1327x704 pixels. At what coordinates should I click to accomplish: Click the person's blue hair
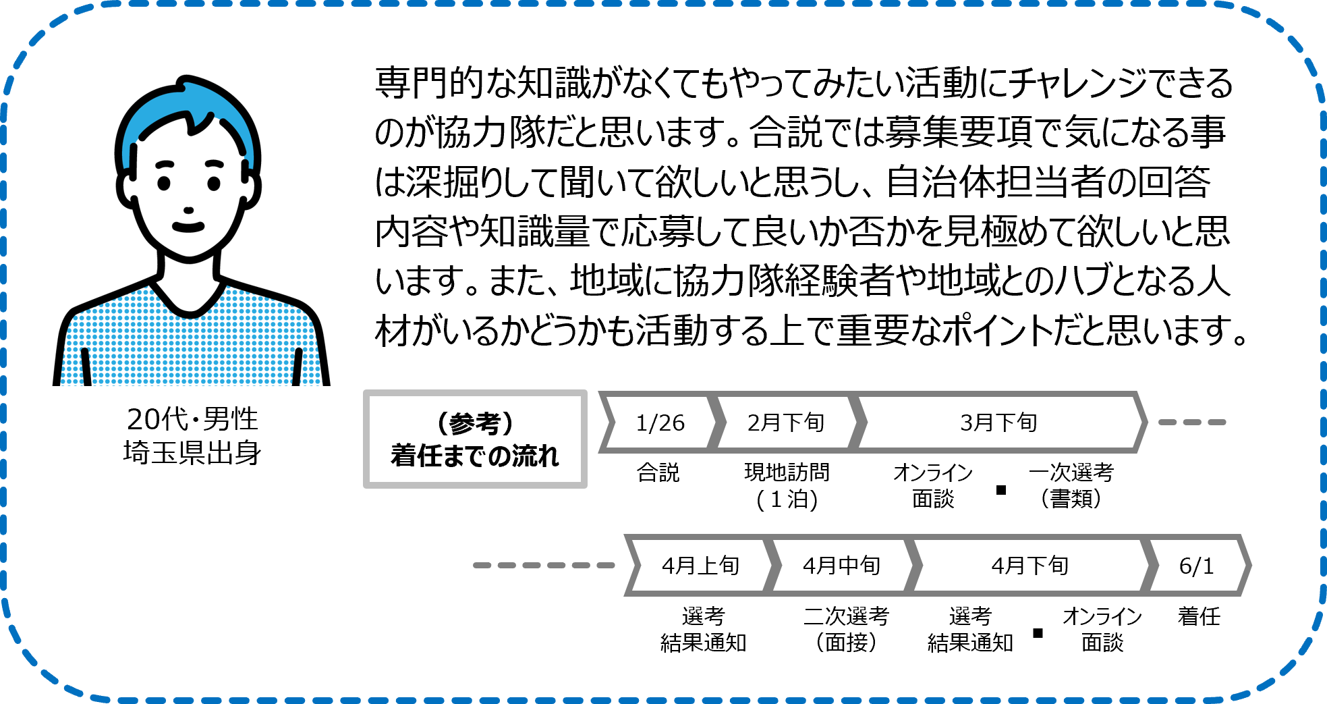point(162,108)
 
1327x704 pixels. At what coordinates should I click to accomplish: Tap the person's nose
point(188,211)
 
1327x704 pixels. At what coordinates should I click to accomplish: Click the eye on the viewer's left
point(164,183)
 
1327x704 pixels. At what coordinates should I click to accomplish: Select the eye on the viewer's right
point(214,183)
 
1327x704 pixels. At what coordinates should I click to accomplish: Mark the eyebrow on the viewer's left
point(165,164)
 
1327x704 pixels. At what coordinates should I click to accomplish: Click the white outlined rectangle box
point(475,439)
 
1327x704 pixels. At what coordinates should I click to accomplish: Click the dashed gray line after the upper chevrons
point(1192,422)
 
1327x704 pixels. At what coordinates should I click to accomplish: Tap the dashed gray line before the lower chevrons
point(544,565)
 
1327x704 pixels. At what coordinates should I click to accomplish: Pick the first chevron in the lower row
point(701,565)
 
